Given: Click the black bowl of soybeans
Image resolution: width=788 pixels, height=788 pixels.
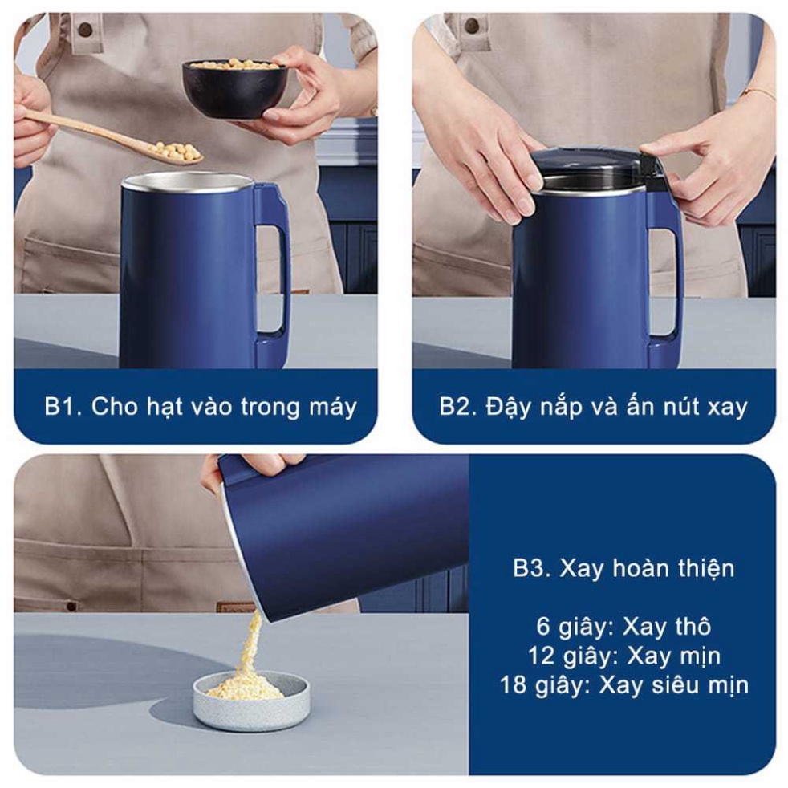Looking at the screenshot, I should [234, 88].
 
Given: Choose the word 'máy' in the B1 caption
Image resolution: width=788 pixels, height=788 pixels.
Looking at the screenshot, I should [332, 407].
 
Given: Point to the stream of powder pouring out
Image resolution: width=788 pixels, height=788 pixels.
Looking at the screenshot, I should [252, 646].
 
